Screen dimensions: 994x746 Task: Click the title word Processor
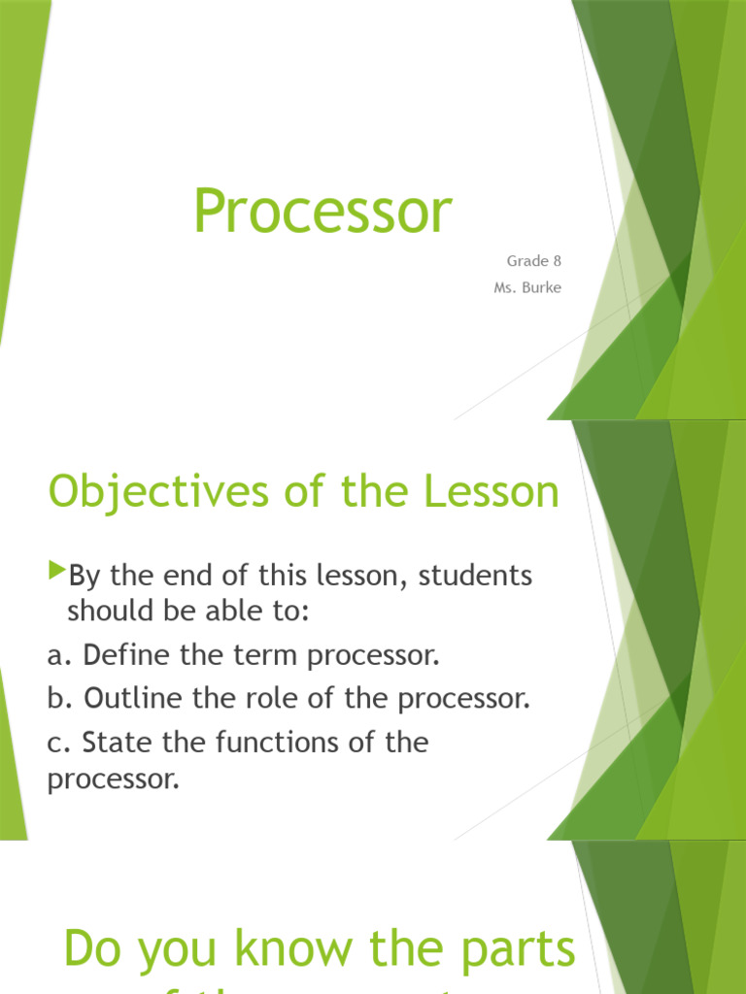click(x=322, y=211)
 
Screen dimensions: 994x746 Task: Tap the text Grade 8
click(x=533, y=261)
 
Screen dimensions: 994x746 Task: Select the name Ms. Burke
click(x=526, y=287)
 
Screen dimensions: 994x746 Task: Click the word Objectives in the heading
click(x=153, y=493)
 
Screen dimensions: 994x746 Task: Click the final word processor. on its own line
click(x=114, y=779)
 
